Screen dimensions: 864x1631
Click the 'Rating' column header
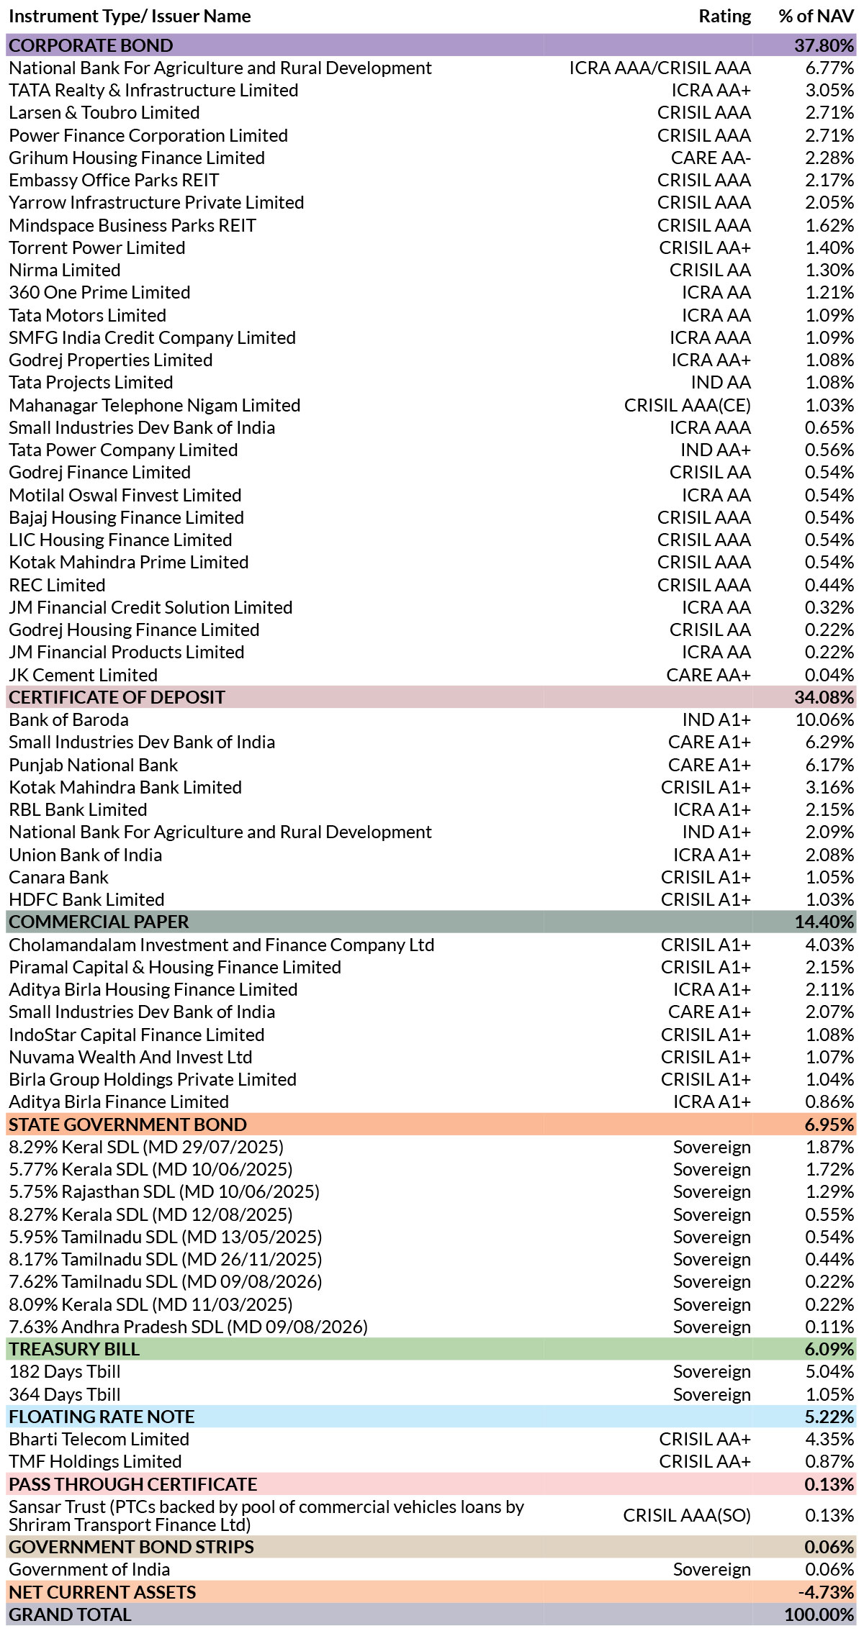tap(724, 17)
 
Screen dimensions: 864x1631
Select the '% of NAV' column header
tap(816, 17)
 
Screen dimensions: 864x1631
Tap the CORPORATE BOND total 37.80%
tap(824, 45)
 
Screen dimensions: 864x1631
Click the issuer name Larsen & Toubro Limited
tap(104, 113)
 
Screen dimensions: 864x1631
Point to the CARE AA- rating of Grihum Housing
tap(711, 158)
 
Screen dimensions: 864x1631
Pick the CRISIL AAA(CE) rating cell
tap(688, 405)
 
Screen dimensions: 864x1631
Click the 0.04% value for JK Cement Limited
tap(829, 675)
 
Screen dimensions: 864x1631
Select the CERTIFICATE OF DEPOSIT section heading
tap(117, 697)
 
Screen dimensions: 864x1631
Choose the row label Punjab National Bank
tap(93, 765)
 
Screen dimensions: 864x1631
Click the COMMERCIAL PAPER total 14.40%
tap(824, 922)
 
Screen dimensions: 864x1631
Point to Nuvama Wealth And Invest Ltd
tap(130, 1057)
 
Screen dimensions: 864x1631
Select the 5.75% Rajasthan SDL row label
tap(164, 1191)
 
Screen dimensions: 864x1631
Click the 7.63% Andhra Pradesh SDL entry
tap(188, 1327)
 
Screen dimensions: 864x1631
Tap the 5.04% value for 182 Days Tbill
tap(829, 1372)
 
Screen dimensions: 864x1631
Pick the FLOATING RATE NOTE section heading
tap(102, 1417)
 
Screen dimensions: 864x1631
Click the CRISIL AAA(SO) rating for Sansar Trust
tap(687, 1515)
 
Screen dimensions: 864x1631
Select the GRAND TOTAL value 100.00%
tap(819, 1614)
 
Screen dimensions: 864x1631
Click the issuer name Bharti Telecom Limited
tap(99, 1439)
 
